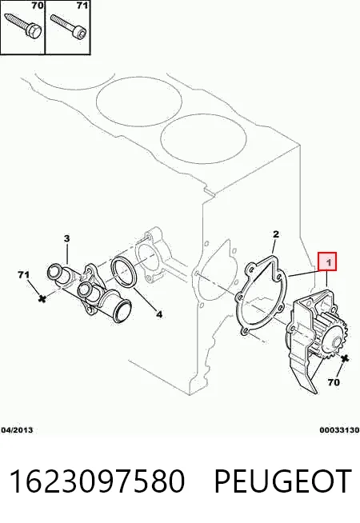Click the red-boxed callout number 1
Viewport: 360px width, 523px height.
327,261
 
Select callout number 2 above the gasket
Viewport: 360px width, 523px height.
275,234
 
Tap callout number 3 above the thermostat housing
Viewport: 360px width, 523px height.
66,238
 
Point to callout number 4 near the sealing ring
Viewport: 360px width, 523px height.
159,313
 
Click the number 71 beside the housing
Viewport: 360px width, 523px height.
23,275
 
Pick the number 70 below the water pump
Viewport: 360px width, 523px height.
334,382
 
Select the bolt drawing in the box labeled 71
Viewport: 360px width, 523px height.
68,25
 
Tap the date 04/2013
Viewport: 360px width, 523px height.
17,430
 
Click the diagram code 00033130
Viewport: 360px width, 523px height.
340,430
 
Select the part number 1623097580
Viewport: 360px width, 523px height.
97,481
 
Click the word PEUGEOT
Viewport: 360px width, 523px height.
283,481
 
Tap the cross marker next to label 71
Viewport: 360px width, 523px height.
42,298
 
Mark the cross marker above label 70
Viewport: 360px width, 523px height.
345,359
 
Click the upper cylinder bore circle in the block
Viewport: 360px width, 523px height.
138,102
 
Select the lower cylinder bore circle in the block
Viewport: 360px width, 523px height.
203,138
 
